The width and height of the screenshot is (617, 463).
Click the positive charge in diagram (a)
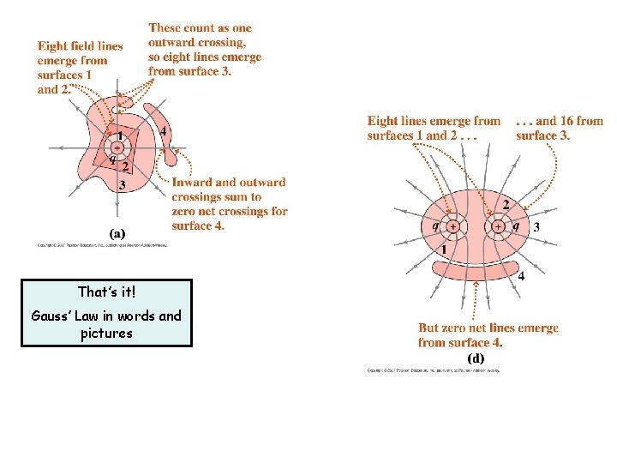pyautogui.click(x=117, y=147)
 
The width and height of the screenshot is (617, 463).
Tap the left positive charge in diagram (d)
pyautogui.click(x=452, y=227)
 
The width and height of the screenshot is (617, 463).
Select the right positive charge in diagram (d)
pyautogui.click(x=498, y=227)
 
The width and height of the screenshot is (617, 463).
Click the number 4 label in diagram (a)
pyautogui.click(x=163, y=131)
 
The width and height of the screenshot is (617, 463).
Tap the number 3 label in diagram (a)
pyautogui.click(x=123, y=184)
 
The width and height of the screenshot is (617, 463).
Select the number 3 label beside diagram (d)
pyautogui.click(x=536, y=227)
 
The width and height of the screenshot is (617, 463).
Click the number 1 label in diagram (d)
pyautogui.click(x=444, y=250)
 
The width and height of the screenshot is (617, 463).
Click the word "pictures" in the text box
pyautogui.click(x=107, y=333)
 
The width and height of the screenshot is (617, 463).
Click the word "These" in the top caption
pyautogui.click(x=167, y=28)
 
